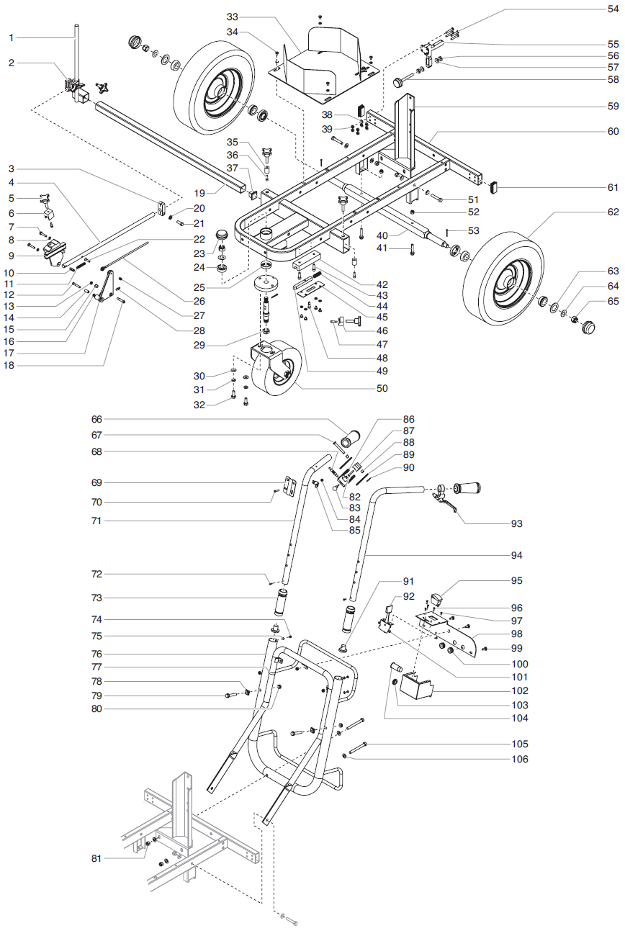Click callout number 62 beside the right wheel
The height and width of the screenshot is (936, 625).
tap(613, 213)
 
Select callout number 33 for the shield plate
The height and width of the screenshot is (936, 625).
tap(232, 16)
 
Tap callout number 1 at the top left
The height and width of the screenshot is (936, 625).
tap(12, 37)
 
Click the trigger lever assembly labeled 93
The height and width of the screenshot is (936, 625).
tap(446, 500)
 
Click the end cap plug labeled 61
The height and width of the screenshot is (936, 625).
tap(495, 187)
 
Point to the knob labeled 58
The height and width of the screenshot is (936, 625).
tap(398, 83)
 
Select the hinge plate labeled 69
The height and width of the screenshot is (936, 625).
tap(290, 485)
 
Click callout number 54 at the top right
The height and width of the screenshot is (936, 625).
tap(613, 9)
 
